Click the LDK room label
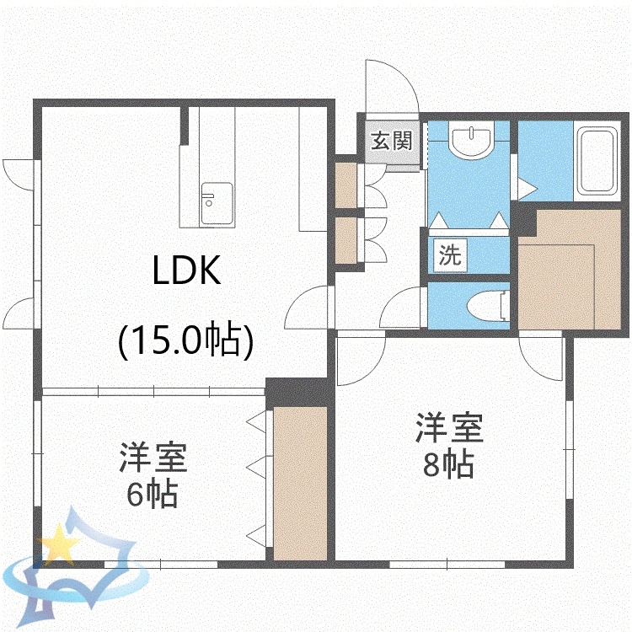[x=186, y=271]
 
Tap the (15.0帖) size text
[x=186, y=341]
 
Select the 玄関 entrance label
[x=393, y=141]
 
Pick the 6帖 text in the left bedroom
[x=152, y=493]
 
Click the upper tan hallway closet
[x=346, y=185]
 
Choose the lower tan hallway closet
[x=346, y=240]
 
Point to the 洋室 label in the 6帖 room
[x=152, y=458]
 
